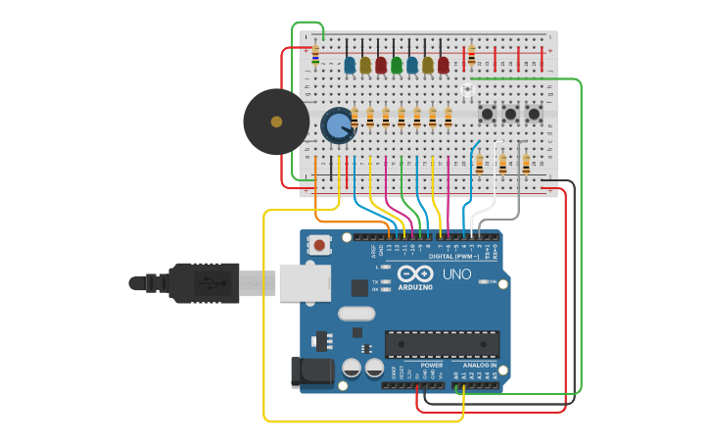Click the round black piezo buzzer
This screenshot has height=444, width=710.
pos(276,122)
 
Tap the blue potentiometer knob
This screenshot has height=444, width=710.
pos(338,125)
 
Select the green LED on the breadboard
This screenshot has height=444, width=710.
pos(397,66)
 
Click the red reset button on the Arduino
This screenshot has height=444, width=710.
pos(319,244)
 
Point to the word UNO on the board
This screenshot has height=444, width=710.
pos(456,274)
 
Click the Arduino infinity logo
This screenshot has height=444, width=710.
pos(415,274)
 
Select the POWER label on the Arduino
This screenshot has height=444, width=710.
pos(431,365)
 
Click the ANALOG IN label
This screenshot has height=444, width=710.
pos(480,365)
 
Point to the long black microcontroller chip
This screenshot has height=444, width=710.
pos(442,344)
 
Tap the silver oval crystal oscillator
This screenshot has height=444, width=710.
pos(356,314)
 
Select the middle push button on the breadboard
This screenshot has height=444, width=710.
pos(510,115)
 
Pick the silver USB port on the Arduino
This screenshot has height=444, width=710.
pos(304,282)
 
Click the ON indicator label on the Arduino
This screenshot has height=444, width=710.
pos(492,281)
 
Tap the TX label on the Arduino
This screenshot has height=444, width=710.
pos(375,281)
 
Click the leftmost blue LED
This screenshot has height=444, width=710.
pos(350,66)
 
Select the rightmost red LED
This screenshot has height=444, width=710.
pos(444,66)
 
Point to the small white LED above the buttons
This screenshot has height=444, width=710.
pos(467,91)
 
